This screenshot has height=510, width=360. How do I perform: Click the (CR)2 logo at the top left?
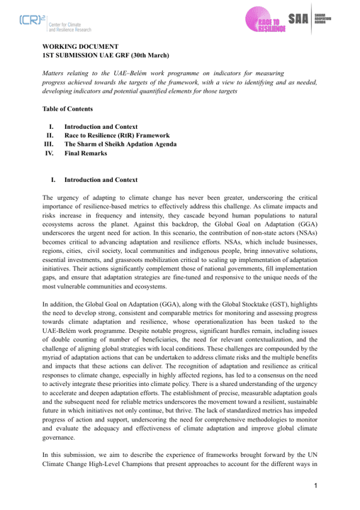pos(29,23)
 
